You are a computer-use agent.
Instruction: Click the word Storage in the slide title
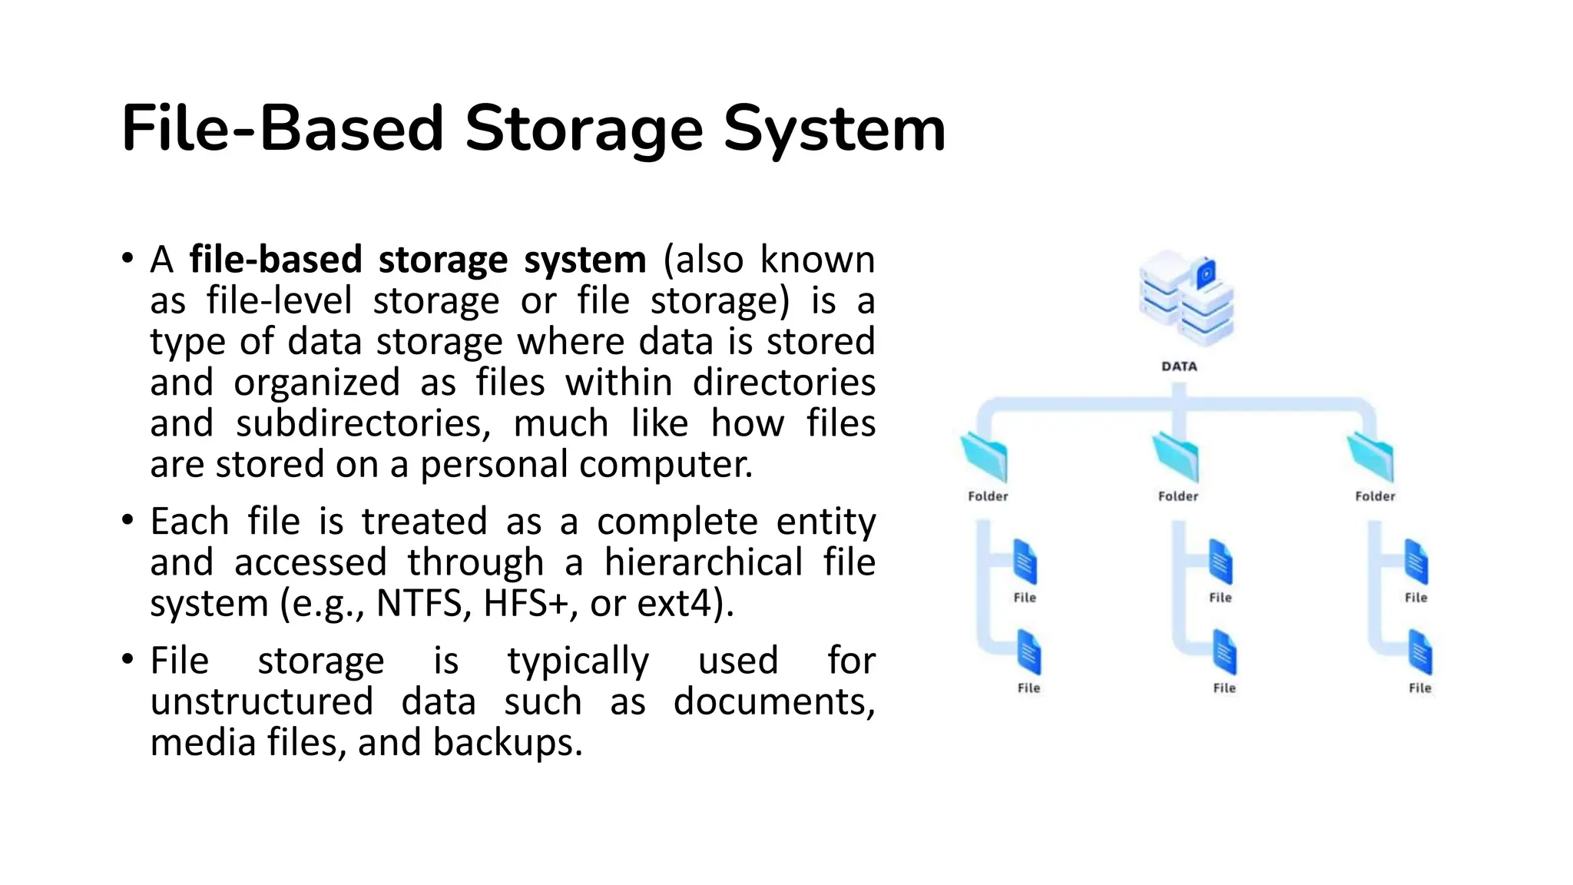click(584, 129)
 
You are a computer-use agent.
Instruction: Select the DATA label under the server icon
click(1179, 366)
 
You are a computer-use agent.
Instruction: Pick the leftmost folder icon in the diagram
click(985, 456)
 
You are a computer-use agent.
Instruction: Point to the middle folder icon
click(1176, 456)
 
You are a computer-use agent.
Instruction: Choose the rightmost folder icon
click(1371, 456)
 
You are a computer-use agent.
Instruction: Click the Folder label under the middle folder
click(1178, 496)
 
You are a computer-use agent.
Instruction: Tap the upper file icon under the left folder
click(1025, 562)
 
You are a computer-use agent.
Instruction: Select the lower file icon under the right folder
click(1420, 652)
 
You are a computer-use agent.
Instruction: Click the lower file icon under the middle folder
click(1224, 652)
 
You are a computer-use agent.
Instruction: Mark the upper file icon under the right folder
click(1416, 562)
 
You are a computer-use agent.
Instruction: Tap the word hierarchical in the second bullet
click(703, 562)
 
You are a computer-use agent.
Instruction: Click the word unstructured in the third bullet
click(262, 701)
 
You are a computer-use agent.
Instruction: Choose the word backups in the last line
click(507, 742)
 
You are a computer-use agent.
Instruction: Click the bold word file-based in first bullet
click(275, 260)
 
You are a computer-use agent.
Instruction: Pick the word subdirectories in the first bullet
click(363, 423)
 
